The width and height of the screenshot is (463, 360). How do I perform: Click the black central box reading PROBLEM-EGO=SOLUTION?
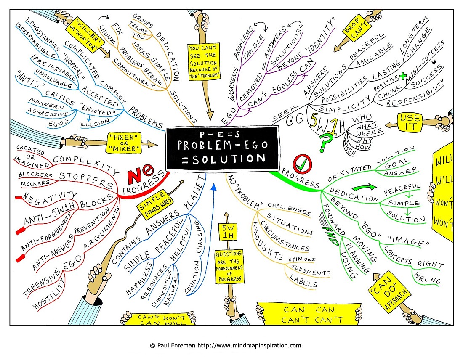pos(222,148)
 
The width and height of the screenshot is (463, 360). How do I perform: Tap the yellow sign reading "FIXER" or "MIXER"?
pos(124,143)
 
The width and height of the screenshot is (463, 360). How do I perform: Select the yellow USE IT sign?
pos(410,122)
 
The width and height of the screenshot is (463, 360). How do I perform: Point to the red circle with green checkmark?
pos(302,164)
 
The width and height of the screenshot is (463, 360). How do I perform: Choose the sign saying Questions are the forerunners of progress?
pos(229,266)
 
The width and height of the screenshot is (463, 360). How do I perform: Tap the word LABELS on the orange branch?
pos(303,281)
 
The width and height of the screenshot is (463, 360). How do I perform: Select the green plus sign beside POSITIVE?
pos(402,77)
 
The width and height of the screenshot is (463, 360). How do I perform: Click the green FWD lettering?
pos(329,235)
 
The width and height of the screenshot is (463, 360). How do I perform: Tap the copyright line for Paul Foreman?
pos(226,346)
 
